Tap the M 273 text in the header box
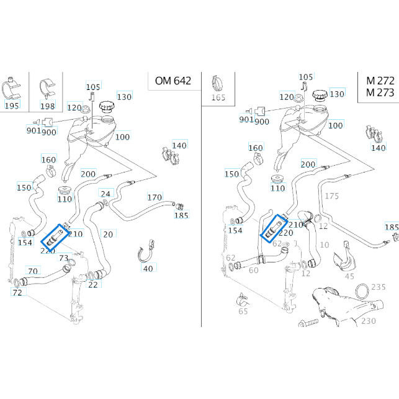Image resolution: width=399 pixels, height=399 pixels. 380,93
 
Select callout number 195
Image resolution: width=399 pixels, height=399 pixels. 12,106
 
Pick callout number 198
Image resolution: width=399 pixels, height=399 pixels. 48,106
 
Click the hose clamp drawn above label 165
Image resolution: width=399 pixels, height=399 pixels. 218,82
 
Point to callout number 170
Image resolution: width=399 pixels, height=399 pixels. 155,197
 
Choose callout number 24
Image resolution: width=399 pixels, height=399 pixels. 105,194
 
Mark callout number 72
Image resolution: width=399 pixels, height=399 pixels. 17,292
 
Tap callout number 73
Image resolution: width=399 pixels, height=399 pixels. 63,258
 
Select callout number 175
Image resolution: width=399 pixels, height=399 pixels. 332,196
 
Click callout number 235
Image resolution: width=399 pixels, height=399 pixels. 378,287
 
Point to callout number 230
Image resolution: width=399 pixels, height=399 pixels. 369,321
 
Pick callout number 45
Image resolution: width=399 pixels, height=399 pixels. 349,277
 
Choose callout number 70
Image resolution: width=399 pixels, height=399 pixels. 33,271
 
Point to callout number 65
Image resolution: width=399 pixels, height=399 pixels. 243,312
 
